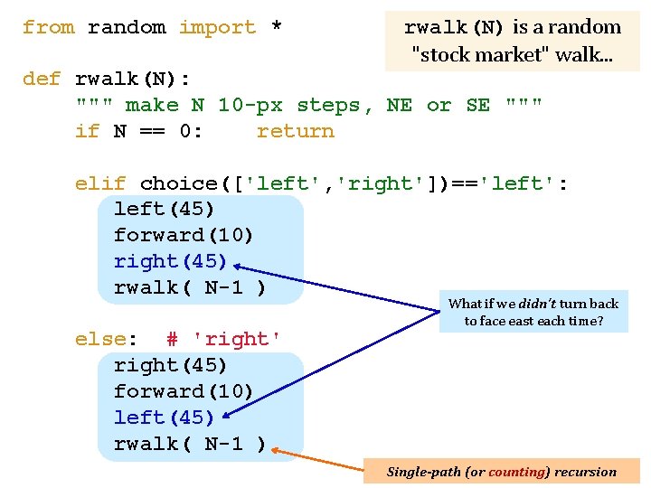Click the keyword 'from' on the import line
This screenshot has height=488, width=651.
click(49, 27)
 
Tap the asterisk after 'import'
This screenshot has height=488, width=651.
click(277, 25)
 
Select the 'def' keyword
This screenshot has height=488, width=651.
click(42, 79)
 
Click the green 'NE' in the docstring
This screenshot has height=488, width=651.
click(400, 105)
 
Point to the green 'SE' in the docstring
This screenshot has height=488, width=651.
click(478, 105)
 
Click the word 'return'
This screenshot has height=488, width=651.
click(296, 132)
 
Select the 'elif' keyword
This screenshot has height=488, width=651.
click(100, 183)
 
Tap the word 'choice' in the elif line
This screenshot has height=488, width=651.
click(179, 183)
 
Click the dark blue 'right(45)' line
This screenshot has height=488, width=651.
click(170, 261)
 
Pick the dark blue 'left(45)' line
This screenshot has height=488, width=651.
click(164, 418)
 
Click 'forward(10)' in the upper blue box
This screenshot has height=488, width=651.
click(183, 235)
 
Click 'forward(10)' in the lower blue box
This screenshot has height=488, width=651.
click(183, 391)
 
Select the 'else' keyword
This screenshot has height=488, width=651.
click(101, 340)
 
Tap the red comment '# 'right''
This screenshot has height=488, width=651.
click(223, 340)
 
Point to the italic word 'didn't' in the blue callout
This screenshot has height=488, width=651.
click(537, 304)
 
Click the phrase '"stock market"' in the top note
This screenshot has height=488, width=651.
click(477, 54)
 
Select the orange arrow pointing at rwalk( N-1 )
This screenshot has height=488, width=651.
click(317, 460)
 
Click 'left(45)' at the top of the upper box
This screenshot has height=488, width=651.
click(164, 209)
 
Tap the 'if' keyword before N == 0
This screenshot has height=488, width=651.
click(87, 131)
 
